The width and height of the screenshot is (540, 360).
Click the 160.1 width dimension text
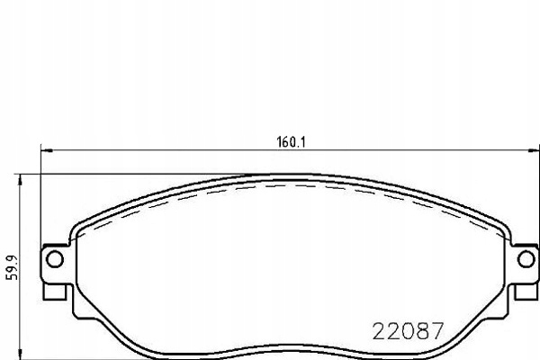(288, 140)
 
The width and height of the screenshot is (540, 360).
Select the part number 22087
(409, 330)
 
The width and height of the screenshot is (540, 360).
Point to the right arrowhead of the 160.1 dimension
(535, 150)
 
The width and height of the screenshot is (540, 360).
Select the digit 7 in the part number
(437, 330)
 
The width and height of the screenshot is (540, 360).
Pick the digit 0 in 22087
(409, 330)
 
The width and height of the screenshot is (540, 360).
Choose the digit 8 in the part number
(423, 330)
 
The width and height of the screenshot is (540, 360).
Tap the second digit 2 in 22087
(394, 330)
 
